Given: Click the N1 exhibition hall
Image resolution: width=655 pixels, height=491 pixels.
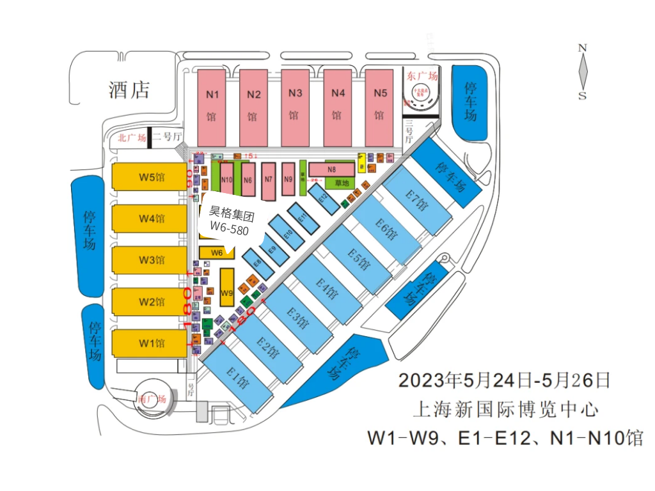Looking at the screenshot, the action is [211, 107].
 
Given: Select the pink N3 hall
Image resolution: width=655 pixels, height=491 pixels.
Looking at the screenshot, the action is [295, 107].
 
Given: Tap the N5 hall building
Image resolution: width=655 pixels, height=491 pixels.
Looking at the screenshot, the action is [380, 107].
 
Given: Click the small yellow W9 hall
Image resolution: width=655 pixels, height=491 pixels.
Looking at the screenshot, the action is [226, 292].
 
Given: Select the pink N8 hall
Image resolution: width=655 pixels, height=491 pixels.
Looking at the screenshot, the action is [331, 169].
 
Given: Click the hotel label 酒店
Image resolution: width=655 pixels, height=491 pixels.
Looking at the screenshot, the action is [129, 90].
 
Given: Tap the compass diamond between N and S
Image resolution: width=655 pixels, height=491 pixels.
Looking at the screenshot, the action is [583, 71].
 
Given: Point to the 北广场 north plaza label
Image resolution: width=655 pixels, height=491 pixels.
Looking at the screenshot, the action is [132, 137].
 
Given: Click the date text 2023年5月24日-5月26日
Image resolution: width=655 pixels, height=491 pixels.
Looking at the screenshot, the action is [504, 380].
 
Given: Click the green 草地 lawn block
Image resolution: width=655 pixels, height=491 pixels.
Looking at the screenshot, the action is [340, 183].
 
